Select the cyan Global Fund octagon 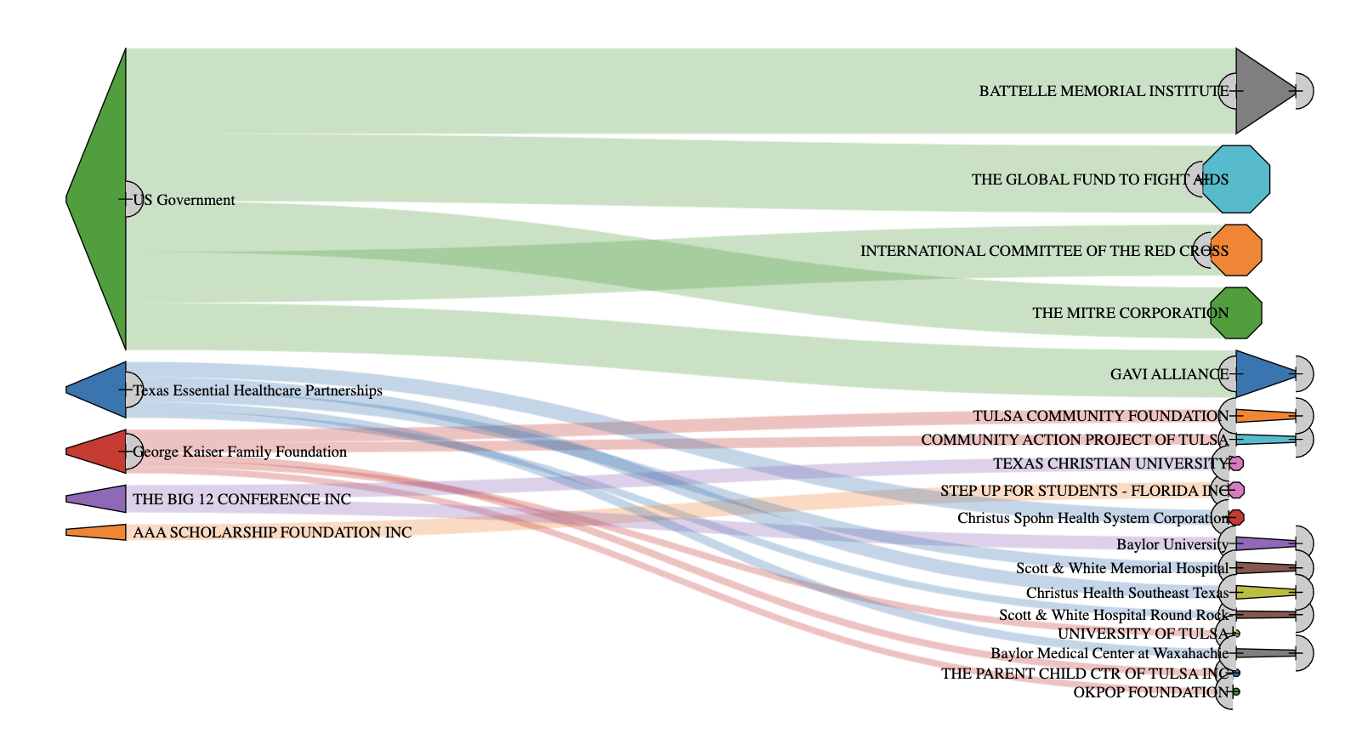[x=1236, y=179]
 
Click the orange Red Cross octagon [x=1236, y=251]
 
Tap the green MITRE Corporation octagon [x=1236, y=313]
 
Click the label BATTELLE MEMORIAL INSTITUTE [x=1104, y=91]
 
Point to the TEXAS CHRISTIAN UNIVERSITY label [x=1110, y=463]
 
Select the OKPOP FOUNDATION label [x=1150, y=692]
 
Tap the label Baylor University [x=1172, y=544]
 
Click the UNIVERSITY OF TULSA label [x=1143, y=634]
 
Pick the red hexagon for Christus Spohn [x=1236, y=517]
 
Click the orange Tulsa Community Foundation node [x=1263, y=416]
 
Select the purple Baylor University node [x=1263, y=543]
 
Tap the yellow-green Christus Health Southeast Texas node [x=1263, y=593]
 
